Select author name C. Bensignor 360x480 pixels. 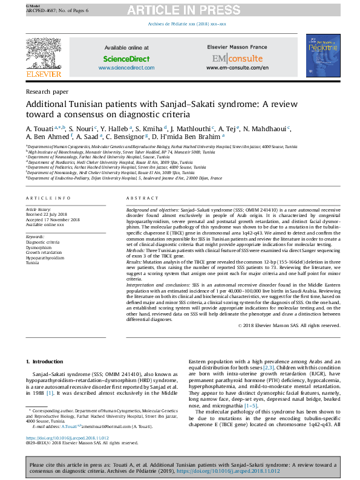click(125, 137)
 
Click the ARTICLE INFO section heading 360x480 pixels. click(44, 198)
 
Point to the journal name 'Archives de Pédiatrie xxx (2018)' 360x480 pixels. click(187, 24)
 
